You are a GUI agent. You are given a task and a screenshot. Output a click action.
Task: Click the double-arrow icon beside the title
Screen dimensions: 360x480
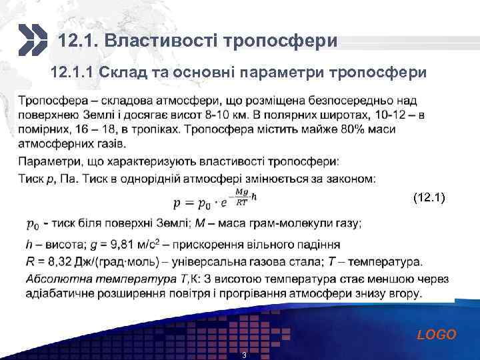(32, 40)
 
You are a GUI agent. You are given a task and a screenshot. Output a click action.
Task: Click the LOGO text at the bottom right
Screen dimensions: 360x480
(437, 335)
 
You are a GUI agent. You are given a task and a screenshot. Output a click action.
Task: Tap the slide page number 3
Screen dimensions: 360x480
(244, 355)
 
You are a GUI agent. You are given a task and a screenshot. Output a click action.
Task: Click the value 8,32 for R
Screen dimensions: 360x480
(59, 261)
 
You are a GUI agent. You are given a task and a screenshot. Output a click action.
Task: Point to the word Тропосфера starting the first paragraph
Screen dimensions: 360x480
(51, 100)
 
